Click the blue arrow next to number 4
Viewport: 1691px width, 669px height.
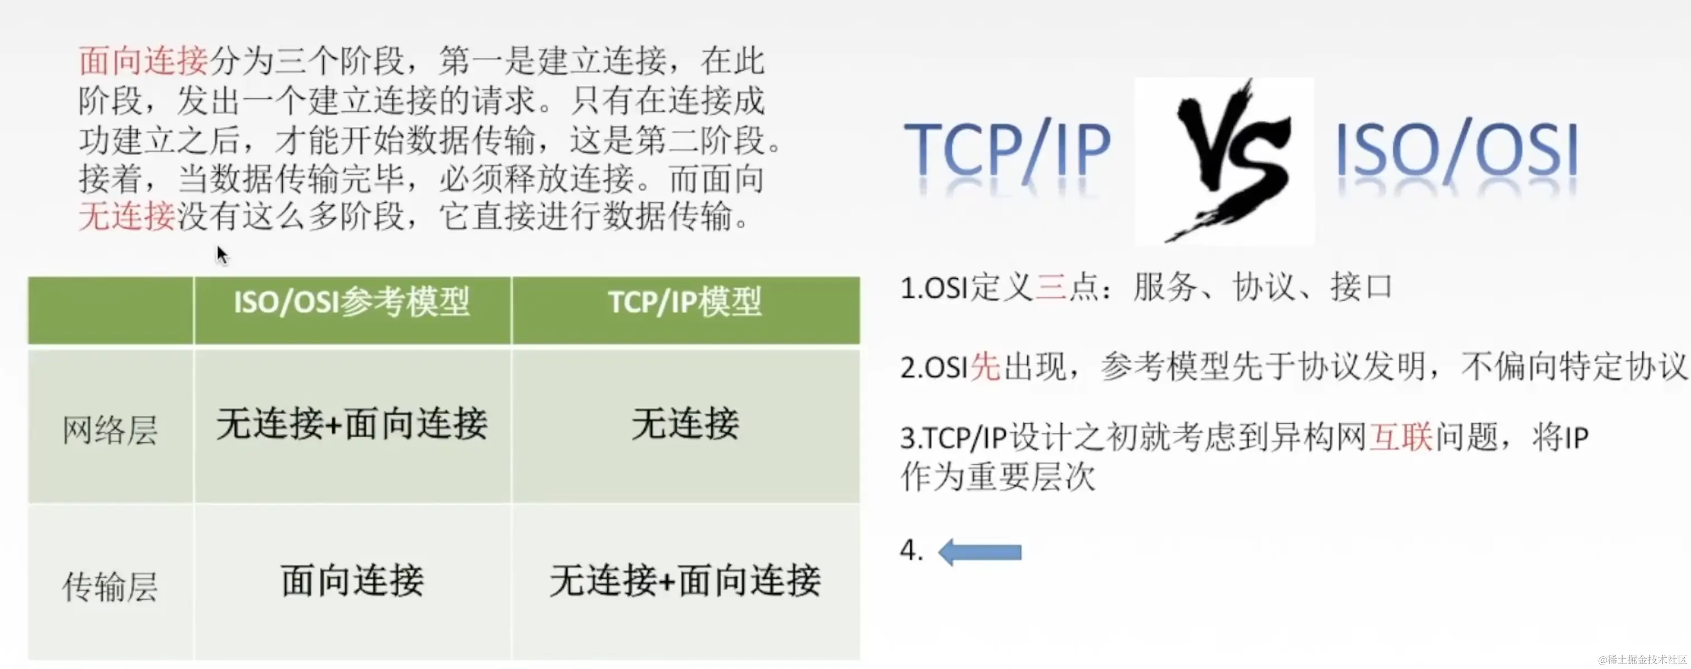click(980, 552)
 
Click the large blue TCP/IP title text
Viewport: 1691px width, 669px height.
click(1007, 151)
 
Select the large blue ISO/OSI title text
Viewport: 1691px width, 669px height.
click(1457, 151)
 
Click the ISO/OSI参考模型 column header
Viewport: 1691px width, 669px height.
click(352, 303)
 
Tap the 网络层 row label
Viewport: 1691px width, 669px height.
click(110, 431)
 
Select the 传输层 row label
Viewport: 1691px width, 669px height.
click(110, 586)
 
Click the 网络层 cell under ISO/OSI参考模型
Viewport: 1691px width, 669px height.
click(352, 424)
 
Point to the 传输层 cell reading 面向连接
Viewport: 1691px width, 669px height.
click(352, 581)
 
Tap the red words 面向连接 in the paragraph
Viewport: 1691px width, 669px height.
click(143, 61)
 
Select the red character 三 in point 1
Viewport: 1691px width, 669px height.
click(1051, 287)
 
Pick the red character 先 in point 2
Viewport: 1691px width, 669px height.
click(985, 366)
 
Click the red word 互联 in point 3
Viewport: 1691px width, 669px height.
click(1401, 438)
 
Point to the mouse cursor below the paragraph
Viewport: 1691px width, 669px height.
click(222, 254)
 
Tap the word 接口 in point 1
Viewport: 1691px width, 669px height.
click(1362, 287)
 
